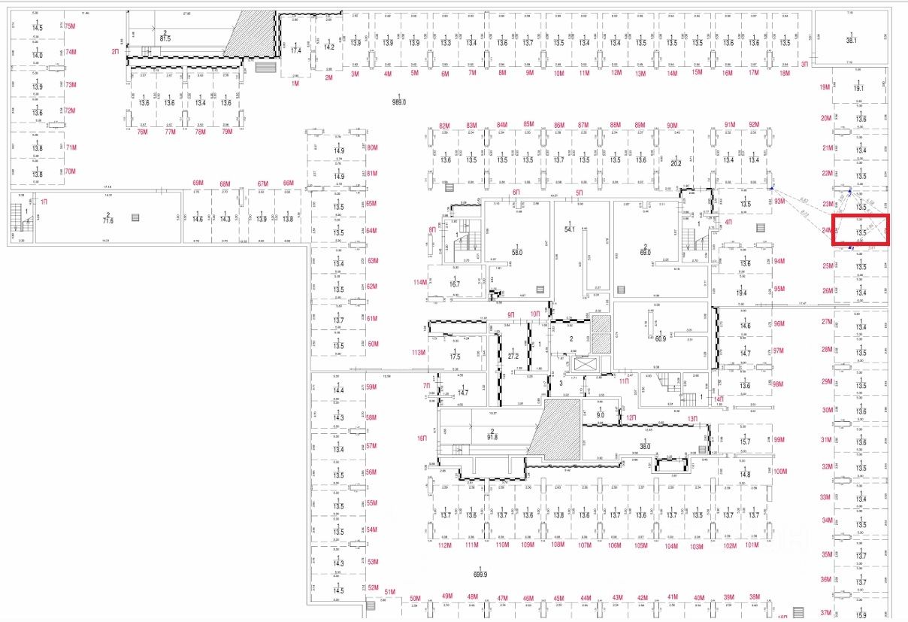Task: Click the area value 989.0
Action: click(x=398, y=102)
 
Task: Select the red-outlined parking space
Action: click(x=861, y=230)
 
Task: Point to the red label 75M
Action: click(x=71, y=26)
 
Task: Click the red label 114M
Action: click(x=419, y=282)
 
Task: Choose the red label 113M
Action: click(x=419, y=352)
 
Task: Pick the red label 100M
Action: click(x=779, y=472)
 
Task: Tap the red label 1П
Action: click(x=44, y=202)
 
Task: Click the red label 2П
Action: click(x=115, y=52)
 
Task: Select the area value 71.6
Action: click(x=108, y=222)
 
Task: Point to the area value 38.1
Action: click(x=851, y=41)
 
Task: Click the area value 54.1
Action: click(x=569, y=229)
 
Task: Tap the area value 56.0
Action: click(x=516, y=253)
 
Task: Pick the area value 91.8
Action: click(x=492, y=436)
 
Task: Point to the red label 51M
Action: click(x=389, y=592)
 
